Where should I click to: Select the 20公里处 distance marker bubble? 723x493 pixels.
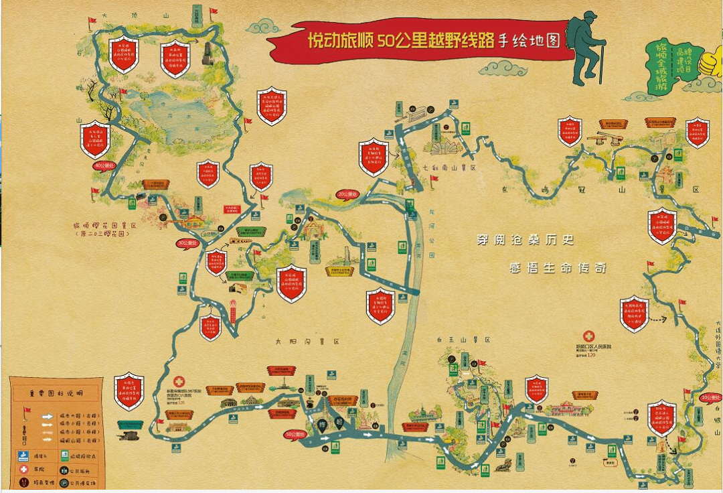point(347,194)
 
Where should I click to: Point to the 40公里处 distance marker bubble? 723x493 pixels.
point(104,165)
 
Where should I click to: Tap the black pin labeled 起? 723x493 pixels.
point(340,422)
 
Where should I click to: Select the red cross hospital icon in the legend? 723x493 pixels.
point(23,469)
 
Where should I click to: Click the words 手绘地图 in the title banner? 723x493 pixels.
point(529,40)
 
